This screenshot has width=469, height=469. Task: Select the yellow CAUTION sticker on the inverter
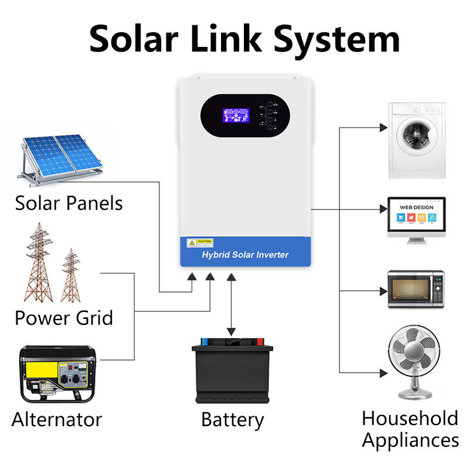pos(200,243)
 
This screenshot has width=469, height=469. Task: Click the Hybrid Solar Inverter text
pos(245,255)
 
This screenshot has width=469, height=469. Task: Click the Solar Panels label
pos(69,203)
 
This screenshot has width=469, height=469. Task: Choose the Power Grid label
pos(63,318)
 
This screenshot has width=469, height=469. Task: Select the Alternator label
pos(57,420)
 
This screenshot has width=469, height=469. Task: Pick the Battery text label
pos(232,420)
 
